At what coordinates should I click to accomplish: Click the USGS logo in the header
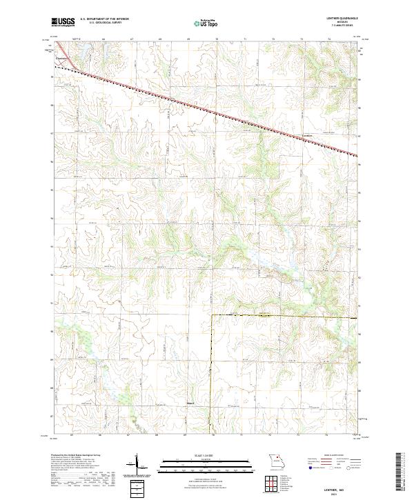pos(63,22)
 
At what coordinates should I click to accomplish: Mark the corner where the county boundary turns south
pos(211,315)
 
